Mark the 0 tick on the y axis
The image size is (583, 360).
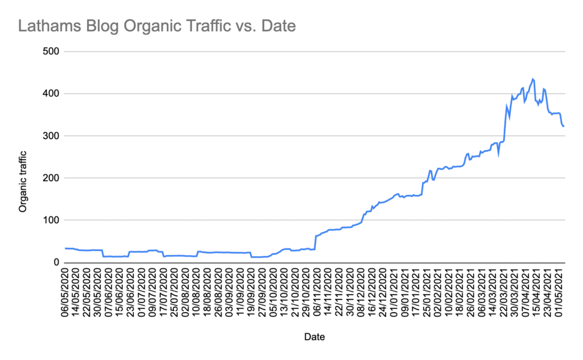click(x=57, y=262)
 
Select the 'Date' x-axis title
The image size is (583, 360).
click(x=314, y=337)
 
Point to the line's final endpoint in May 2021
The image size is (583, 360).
click(x=564, y=126)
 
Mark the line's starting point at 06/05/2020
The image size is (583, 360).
click(x=65, y=248)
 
